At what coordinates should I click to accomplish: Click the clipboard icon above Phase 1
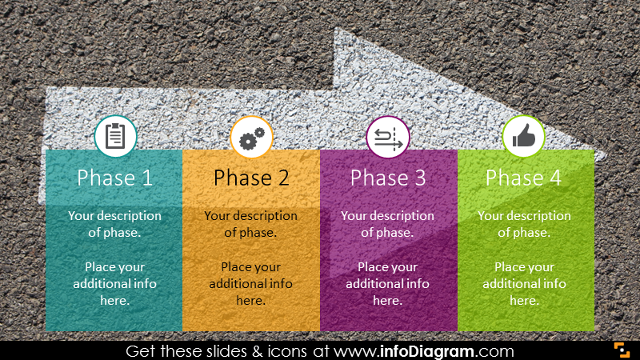point(115,137)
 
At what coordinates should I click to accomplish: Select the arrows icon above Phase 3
point(387,138)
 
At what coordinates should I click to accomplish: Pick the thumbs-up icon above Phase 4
point(523,137)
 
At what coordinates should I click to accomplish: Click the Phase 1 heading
point(114,178)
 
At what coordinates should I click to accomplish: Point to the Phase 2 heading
point(251,178)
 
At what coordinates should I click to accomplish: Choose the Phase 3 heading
point(388,178)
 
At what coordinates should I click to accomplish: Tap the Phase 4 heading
point(524,178)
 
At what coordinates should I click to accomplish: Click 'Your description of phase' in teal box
point(114,224)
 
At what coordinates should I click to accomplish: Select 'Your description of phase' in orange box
point(250,224)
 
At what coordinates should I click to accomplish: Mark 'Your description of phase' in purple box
point(387,224)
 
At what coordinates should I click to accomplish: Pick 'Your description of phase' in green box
point(524,224)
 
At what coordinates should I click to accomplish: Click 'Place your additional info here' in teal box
point(114,283)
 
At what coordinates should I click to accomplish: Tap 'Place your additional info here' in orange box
point(250,283)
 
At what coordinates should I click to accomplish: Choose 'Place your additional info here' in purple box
point(387,283)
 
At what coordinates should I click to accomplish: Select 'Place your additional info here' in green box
point(524,283)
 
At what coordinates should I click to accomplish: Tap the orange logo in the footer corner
point(622,350)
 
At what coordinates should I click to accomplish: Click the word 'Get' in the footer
point(142,351)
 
